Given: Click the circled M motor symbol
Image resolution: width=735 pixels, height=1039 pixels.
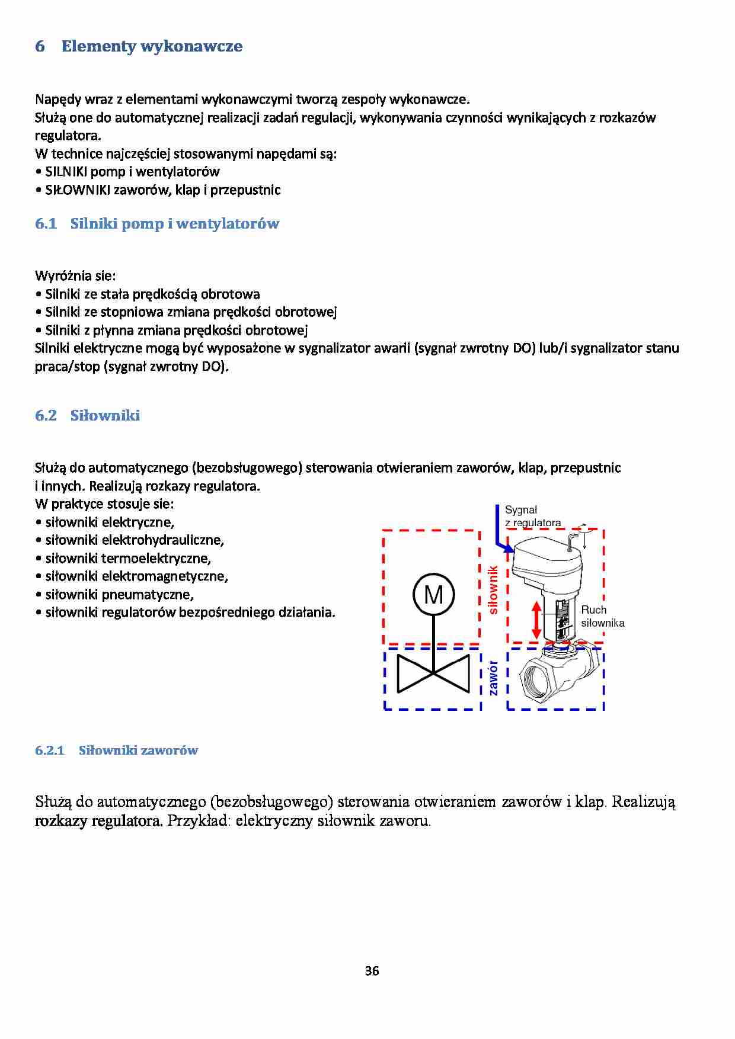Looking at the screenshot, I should coord(434,594).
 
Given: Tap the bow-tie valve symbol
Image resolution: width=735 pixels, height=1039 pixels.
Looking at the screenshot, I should coord(434,674).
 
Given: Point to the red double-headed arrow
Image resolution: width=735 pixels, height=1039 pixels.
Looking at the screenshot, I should coord(537,619).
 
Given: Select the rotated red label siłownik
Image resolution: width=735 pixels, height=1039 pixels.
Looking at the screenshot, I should coord(493,589).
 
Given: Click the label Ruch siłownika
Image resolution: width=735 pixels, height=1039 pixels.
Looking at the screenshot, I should coord(602,616).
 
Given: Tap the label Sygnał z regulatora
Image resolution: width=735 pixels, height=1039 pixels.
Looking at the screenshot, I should coord(532,516).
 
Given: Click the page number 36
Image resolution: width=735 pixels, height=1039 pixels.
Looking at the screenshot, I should coord(372,971).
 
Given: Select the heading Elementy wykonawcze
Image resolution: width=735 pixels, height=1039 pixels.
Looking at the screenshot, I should coord(152,46).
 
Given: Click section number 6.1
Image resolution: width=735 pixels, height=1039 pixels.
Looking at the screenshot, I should coord(46,224).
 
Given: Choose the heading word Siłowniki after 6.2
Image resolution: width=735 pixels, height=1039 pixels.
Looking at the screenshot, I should coord(105,415).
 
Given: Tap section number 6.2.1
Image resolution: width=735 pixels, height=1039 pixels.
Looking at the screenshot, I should coord(49,751).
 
